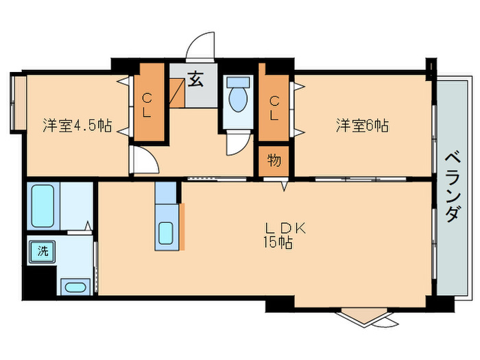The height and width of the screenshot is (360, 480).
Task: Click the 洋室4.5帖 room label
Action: (77, 126)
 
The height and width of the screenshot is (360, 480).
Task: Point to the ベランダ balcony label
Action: (452, 184)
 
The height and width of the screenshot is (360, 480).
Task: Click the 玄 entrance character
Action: (195, 80)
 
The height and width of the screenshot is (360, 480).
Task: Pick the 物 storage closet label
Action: (274, 162)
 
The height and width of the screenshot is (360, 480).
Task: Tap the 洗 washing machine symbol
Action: (43, 250)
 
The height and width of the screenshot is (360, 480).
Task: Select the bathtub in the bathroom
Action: (43, 205)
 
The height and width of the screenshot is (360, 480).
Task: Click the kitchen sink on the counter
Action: (166, 232)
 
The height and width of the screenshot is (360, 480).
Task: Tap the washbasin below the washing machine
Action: (73, 287)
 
